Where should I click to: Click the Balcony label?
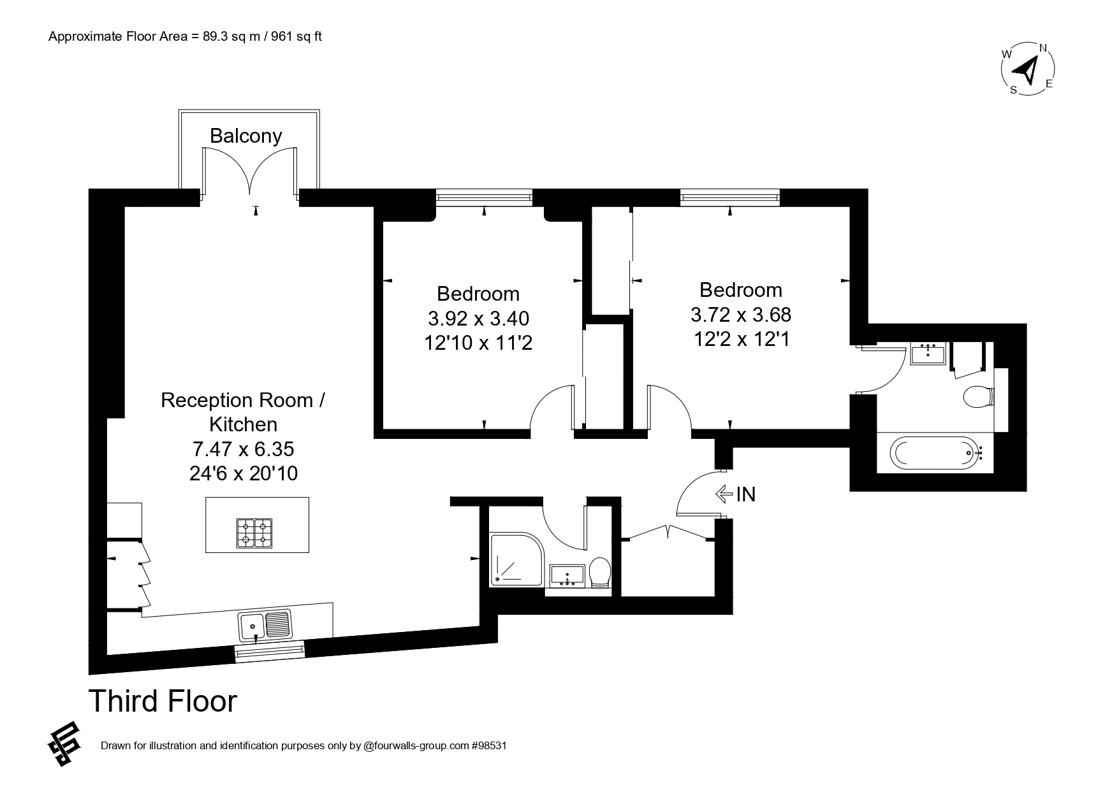coord(245,136)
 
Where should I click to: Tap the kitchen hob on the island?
coord(254,533)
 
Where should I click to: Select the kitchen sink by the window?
coord(266,625)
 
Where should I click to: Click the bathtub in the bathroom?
coord(935,453)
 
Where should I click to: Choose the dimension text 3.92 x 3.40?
coord(478,318)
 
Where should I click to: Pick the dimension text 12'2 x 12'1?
coord(741,339)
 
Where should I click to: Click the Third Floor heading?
coord(163,701)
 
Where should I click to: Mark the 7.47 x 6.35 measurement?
coord(243,449)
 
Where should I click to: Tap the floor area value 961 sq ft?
coord(296,36)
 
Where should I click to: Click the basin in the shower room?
coord(567,575)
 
